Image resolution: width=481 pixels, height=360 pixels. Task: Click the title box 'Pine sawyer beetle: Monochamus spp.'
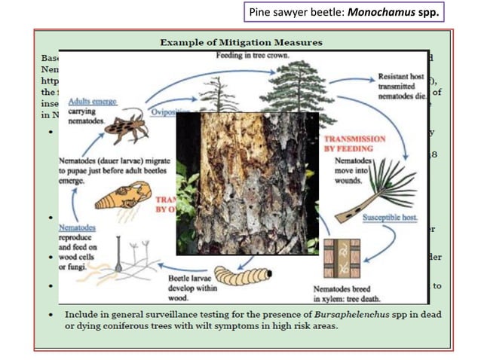click(345, 13)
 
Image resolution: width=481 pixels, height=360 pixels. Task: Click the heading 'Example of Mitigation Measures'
click(240, 42)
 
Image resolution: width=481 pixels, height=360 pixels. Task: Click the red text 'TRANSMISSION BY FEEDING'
click(354, 144)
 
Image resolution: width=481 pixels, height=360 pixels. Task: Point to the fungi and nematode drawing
click(136, 260)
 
